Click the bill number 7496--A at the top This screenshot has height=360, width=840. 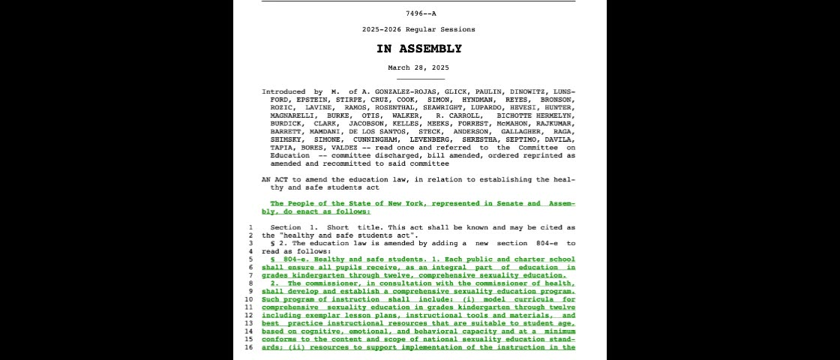pos(420,13)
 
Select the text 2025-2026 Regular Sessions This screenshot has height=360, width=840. pos(418,29)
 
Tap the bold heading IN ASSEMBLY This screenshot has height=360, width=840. pos(419,49)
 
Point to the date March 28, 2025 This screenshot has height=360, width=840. pos(418,67)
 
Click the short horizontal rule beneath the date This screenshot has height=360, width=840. pos(420,79)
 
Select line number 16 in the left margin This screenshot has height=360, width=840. pos(250,348)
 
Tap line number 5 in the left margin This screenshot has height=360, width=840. pos(250,259)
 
